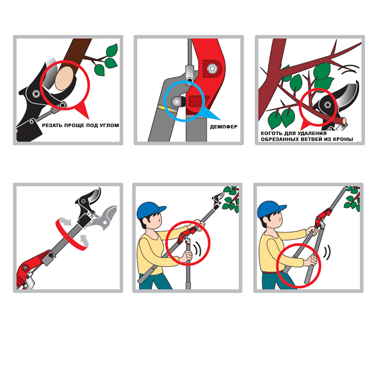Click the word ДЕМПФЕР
(224, 127)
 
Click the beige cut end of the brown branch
(64, 78)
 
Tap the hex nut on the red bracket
(212, 69)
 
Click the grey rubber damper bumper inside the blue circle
(177, 102)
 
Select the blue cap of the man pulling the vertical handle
(150, 210)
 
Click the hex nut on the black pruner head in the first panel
(36, 93)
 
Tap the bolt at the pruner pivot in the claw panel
(327, 105)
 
